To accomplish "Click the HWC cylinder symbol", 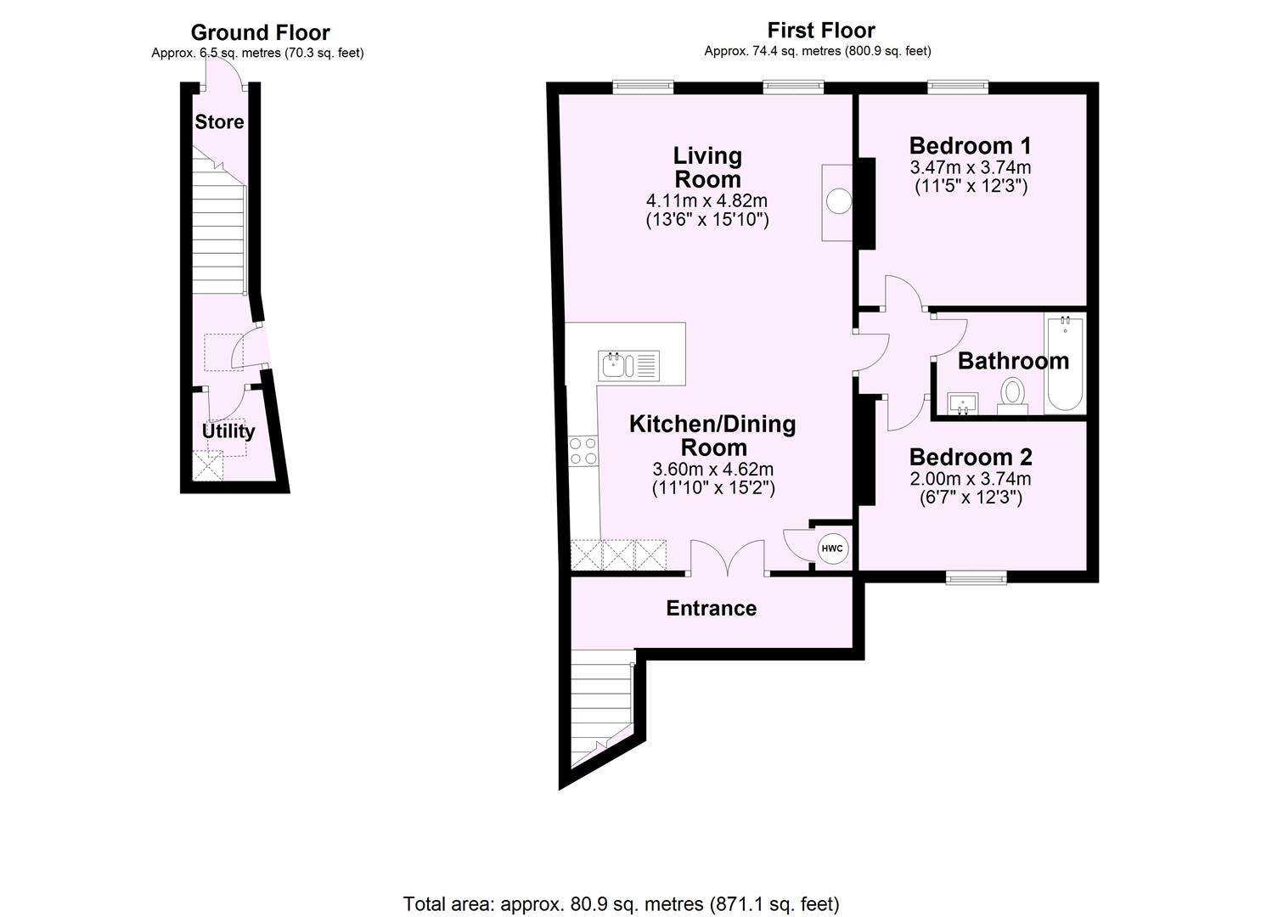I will (831, 549).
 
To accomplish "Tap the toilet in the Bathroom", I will (1011, 395).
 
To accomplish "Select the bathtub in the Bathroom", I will (1065, 363).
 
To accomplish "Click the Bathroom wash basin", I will (962, 402).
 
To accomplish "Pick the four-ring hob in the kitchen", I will (583, 451).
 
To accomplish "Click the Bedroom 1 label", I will (970, 145).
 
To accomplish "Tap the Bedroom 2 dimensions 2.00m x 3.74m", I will (971, 479).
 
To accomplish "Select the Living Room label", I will (707, 167).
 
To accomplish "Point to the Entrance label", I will (711, 609).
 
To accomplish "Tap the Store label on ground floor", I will (219, 122).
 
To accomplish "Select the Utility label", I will (228, 431).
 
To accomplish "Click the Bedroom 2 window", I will (977, 577).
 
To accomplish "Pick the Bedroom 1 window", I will (958, 87).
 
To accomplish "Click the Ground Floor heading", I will (260, 33).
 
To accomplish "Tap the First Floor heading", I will (820, 31).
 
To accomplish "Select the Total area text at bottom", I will (621, 903).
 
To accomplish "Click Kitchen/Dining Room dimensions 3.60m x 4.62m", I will (712, 469).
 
